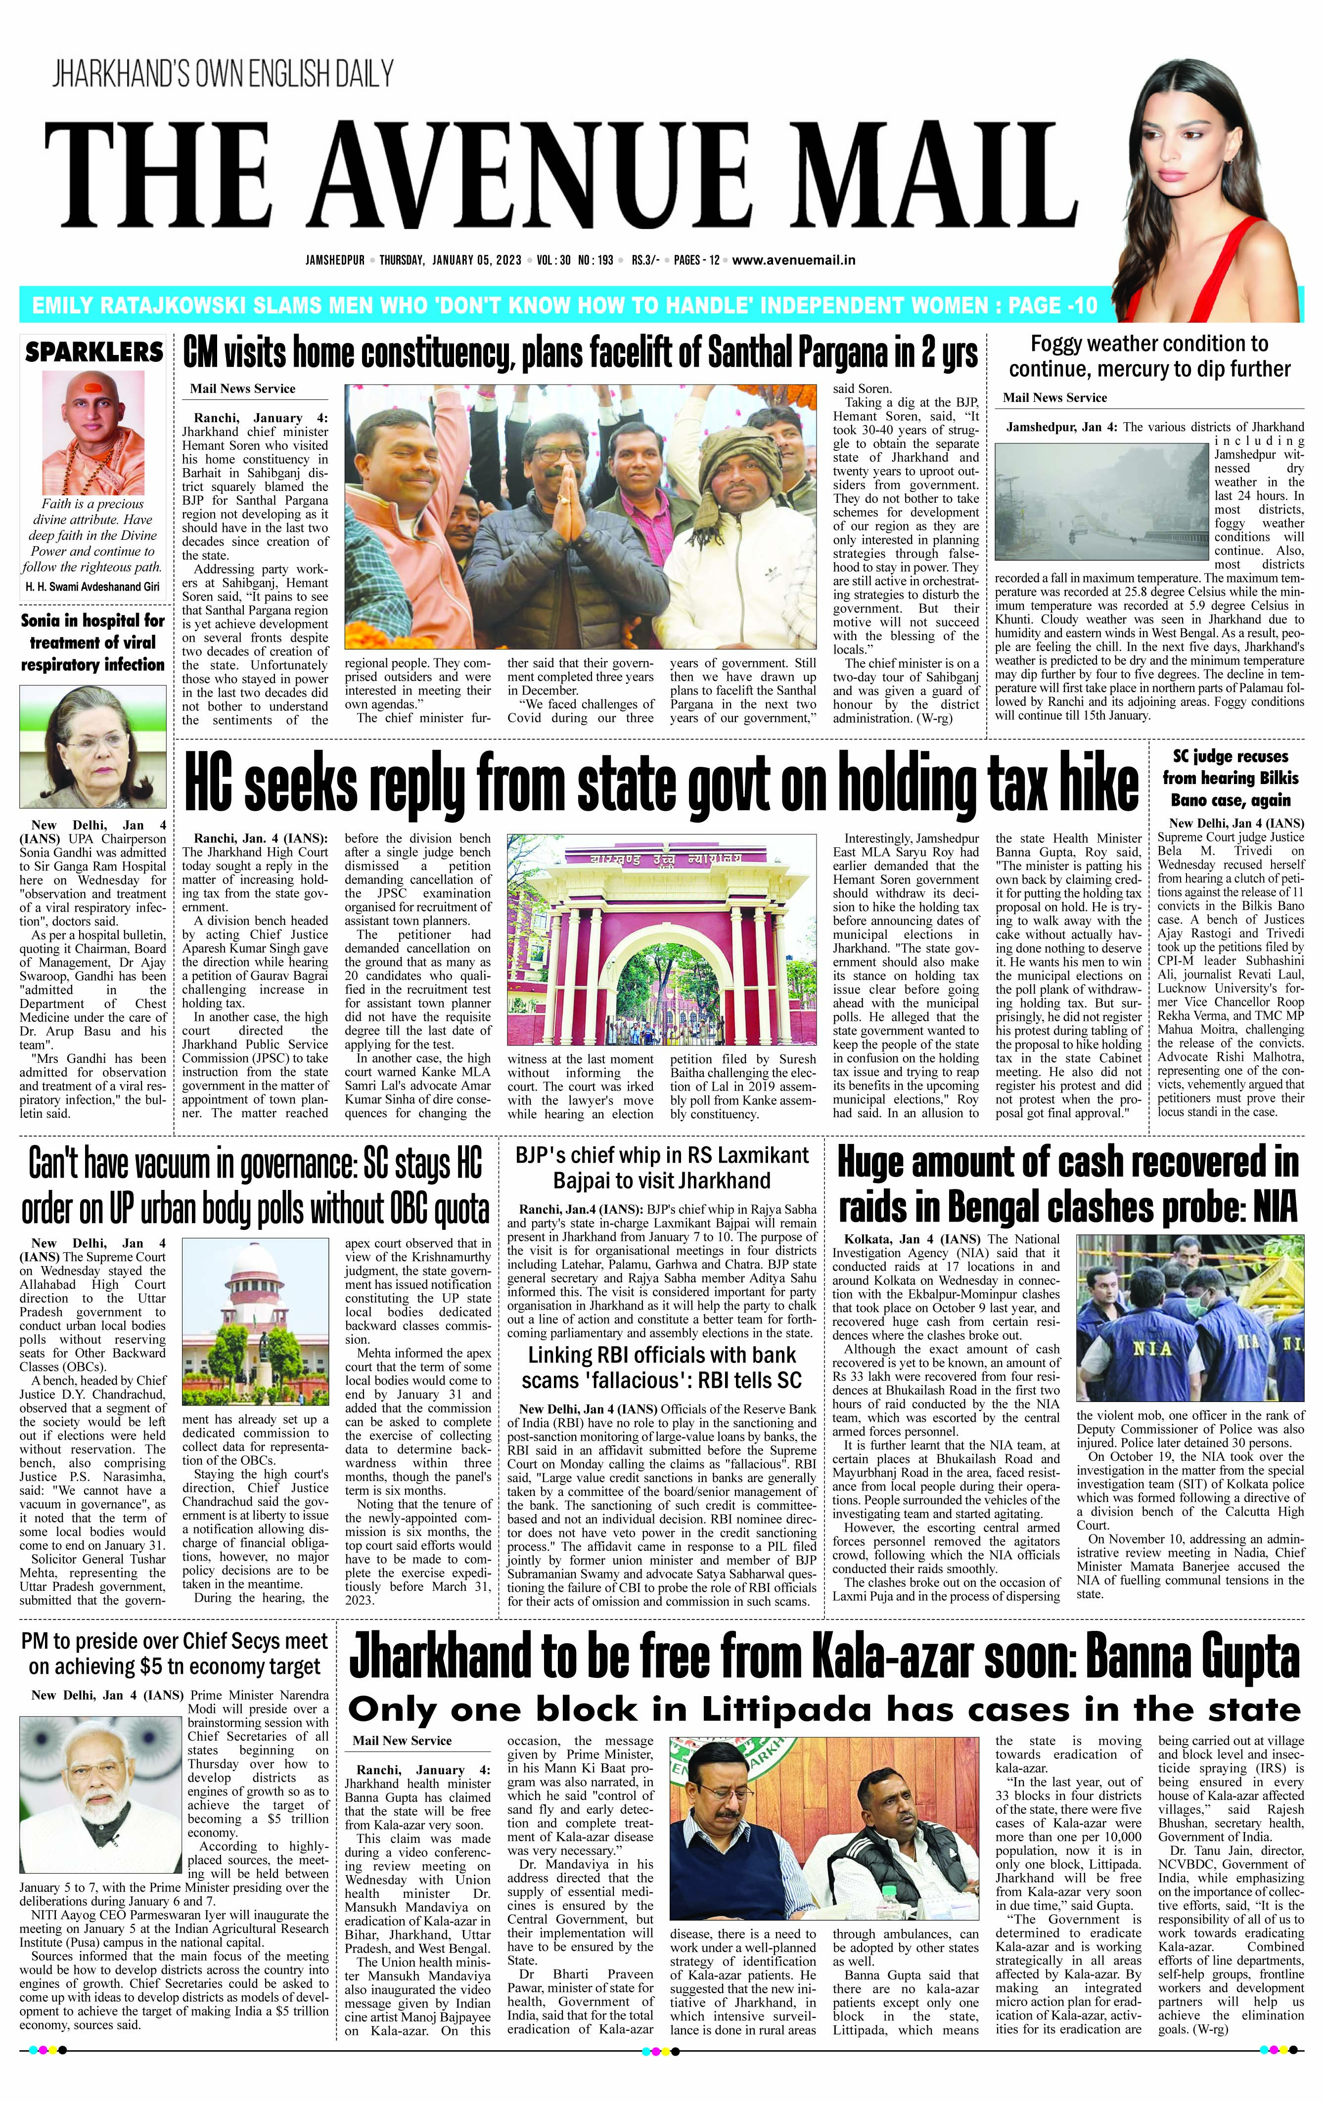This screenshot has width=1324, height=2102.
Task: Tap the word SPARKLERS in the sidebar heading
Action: pyautogui.click(x=93, y=352)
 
